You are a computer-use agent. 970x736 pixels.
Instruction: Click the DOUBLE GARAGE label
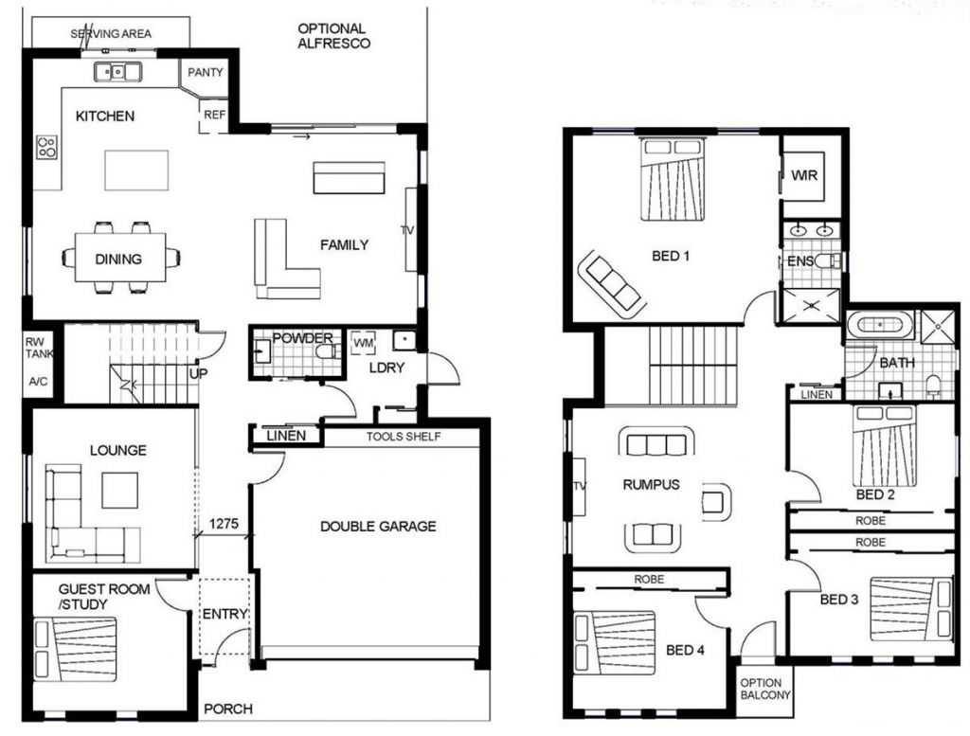click(x=378, y=526)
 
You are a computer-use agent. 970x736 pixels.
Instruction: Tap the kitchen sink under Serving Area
click(x=118, y=71)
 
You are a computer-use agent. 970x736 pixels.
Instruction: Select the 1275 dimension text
click(x=224, y=522)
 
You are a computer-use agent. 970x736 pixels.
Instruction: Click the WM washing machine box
click(x=363, y=341)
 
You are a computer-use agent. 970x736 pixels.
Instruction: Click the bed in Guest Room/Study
click(x=76, y=648)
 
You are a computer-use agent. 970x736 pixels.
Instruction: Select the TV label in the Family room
click(x=408, y=230)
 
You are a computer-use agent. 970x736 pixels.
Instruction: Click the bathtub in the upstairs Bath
click(x=880, y=324)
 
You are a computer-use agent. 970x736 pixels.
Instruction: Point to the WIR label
click(x=804, y=175)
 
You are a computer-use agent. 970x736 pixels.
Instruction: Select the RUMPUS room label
click(x=651, y=485)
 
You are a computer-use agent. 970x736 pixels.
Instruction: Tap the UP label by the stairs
click(x=199, y=374)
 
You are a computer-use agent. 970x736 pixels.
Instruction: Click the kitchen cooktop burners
click(x=45, y=147)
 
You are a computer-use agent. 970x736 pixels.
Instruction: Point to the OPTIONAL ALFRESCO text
click(x=333, y=36)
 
